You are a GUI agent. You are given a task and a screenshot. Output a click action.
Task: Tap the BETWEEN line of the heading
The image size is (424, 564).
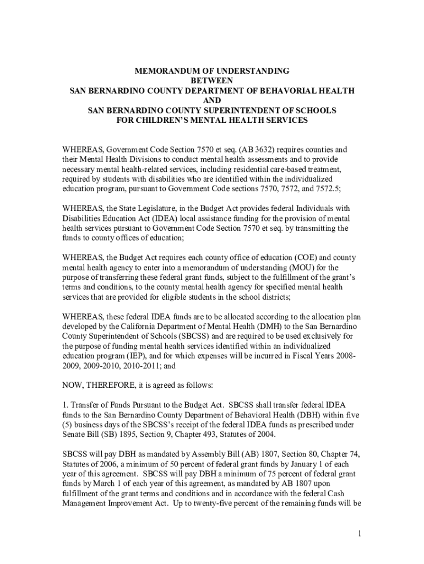(212, 81)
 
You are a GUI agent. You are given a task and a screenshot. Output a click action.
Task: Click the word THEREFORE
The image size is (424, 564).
(112, 385)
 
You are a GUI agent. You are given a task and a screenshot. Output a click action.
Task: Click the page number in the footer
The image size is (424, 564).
(357, 535)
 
